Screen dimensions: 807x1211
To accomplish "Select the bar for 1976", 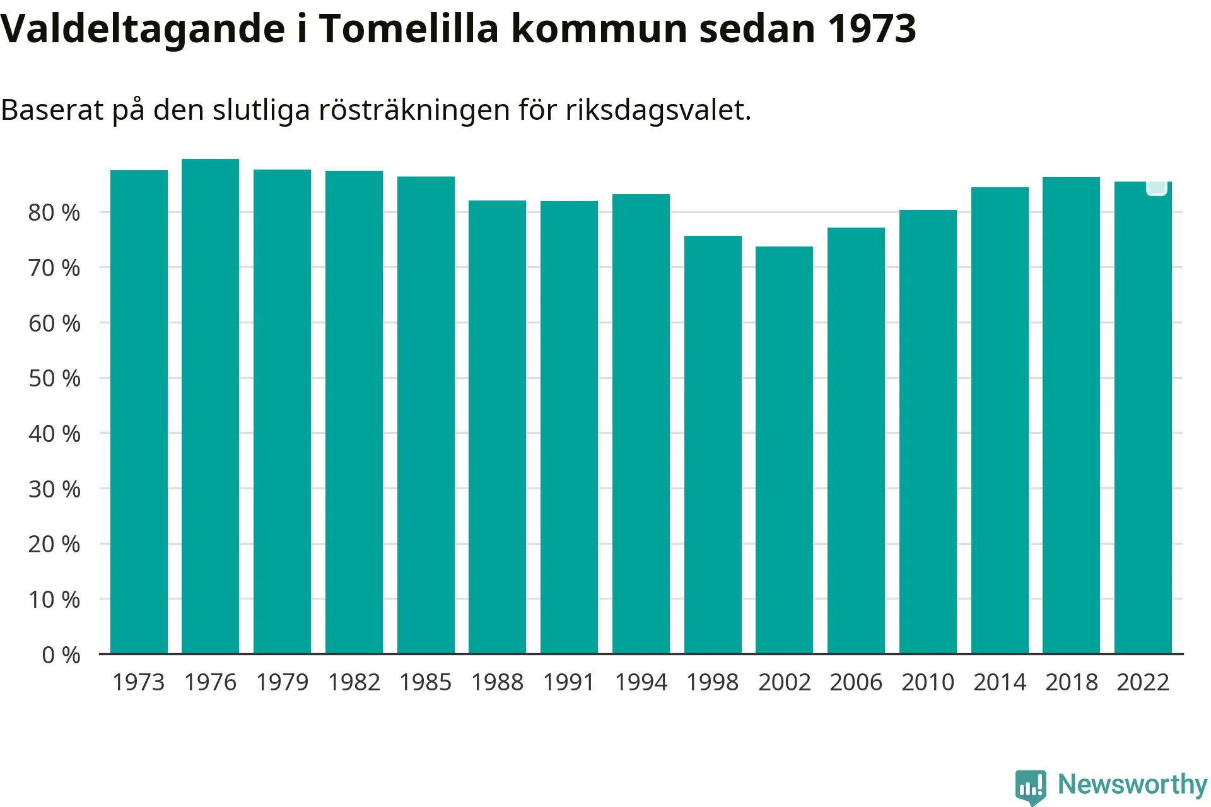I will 210,406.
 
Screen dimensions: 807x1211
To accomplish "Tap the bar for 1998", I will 713,444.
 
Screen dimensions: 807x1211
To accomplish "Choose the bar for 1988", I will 497,427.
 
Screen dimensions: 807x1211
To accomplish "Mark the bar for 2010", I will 928,431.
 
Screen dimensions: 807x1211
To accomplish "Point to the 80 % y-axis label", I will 54,212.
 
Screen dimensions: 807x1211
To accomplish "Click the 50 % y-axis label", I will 54,378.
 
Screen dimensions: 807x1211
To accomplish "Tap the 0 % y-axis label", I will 61,655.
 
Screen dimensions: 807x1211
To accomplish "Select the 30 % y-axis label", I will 54,489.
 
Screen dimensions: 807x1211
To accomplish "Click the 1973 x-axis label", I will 138,682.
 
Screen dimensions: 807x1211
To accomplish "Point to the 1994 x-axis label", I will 641,682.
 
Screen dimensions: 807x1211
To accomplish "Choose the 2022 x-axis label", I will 1143,682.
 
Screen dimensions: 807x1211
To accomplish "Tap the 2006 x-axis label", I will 856,682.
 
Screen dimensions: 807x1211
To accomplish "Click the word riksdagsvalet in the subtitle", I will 658,110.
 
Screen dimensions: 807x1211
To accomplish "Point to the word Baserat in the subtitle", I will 52,110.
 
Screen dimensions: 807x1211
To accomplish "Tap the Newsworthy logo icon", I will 1030,786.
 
